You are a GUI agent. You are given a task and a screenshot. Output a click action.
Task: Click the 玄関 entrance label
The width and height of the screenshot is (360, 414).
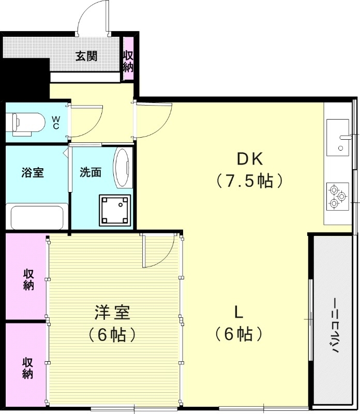pos(86,56)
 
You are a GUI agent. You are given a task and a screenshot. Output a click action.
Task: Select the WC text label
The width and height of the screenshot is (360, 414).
pos(56,123)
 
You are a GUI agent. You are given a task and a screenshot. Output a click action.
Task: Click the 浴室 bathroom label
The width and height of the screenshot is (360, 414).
pos(32,173)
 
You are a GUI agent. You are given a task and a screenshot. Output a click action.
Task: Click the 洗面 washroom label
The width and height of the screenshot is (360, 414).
pos(90,173)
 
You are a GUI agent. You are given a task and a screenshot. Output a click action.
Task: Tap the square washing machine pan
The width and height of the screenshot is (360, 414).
pos(115,210)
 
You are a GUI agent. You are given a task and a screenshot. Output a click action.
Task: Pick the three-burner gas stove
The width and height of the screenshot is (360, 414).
pos(338,196)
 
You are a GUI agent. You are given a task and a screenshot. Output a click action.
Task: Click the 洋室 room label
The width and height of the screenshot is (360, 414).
pos(112,313)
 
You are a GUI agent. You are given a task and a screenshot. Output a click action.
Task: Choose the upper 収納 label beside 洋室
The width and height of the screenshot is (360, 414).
pos(28,279)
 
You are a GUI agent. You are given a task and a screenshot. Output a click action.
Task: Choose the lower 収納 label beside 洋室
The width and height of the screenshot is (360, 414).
pos(28,367)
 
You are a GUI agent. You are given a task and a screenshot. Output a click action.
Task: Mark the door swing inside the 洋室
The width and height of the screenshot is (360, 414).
pos(157,251)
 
